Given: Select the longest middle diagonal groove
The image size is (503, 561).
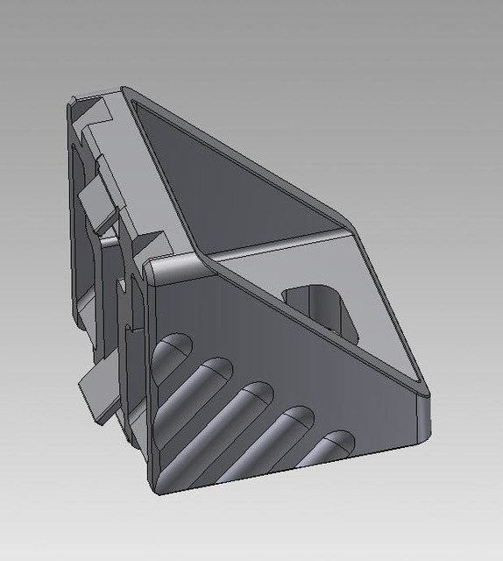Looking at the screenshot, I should pyautogui.click(x=223, y=417).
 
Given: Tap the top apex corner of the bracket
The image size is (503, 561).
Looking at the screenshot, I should pyautogui.click(x=124, y=89).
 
